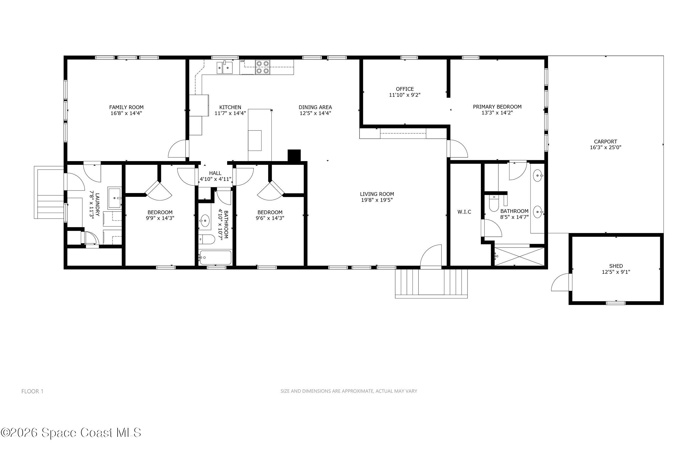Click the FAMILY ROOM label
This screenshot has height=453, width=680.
(x=126, y=107)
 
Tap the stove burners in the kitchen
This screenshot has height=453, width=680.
(x=262, y=67)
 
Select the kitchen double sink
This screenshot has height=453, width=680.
(x=225, y=68)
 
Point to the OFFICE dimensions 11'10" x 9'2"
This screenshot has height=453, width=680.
(x=405, y=95)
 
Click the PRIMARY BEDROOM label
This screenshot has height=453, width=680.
(x=497, y=107)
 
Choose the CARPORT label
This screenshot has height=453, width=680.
(x=605, y=142)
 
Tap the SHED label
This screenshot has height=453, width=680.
(x=616, y=266)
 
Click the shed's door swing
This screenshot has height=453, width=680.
(x=561, y=283)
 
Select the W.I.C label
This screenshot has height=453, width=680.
(x=464, y=212)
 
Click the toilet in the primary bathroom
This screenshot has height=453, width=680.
(x=493, y=204)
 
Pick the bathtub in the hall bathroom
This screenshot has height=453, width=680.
(x=215, y=257)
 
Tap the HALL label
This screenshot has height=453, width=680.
(x=215, y=173)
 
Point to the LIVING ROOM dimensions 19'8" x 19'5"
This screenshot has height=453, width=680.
(x=377, y=200)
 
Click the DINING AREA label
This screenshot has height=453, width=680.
(x=315, y=107)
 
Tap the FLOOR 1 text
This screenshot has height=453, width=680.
(x=32, y=391)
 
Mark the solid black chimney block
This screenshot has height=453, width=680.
(x=294, y=155)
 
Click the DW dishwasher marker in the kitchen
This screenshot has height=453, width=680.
(x=242, y=61)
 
